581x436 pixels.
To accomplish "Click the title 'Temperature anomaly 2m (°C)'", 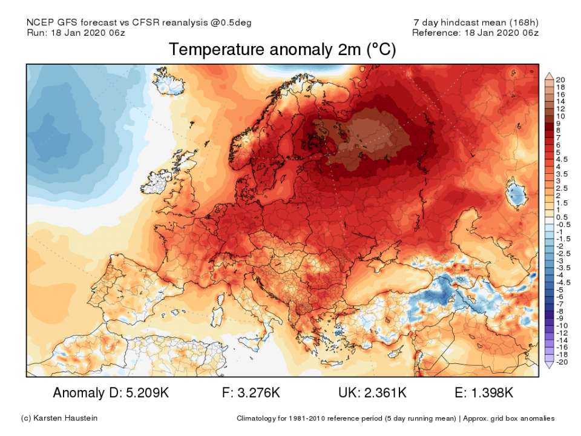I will click(282, 50).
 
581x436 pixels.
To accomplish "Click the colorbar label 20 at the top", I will click(560, 80).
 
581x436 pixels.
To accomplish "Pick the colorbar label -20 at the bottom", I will click(561, 362).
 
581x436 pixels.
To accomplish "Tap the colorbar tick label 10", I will click(560, 116).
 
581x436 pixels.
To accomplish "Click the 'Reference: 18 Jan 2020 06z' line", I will click(475, 33).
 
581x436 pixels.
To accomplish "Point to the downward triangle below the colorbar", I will click(550, 365).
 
